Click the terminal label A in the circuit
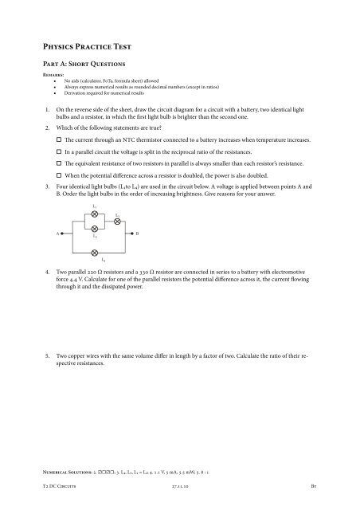(57, 233)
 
